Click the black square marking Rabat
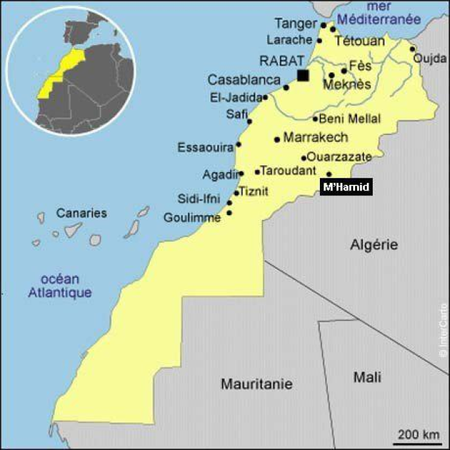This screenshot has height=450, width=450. (x=303, y=75)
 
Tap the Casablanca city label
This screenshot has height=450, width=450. (x=243, y=80)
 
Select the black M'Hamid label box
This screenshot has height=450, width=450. (x=345, y=188)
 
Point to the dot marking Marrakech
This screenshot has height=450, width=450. (x=277, y=139)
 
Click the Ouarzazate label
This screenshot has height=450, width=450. (x=340, y=157)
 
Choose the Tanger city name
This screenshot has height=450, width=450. (x=295, y=24)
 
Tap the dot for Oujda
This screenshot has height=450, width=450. (x=413, y=49)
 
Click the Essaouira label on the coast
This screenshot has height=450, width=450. (x=205, y=148)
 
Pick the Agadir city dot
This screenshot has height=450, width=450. (x=240, y=173)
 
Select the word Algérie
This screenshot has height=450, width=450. (x=374, y=245)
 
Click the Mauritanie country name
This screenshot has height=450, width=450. (x=257, y=384)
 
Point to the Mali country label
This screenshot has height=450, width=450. (x=367, y=378)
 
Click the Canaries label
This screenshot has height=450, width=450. (x=82, y=213)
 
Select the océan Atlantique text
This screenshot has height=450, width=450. (x=60, y=285)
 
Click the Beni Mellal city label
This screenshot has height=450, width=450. (x=349, y=119)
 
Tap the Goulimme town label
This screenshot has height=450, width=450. (x=192, y=218)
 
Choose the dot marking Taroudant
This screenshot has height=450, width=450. (x=257, y=171)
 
